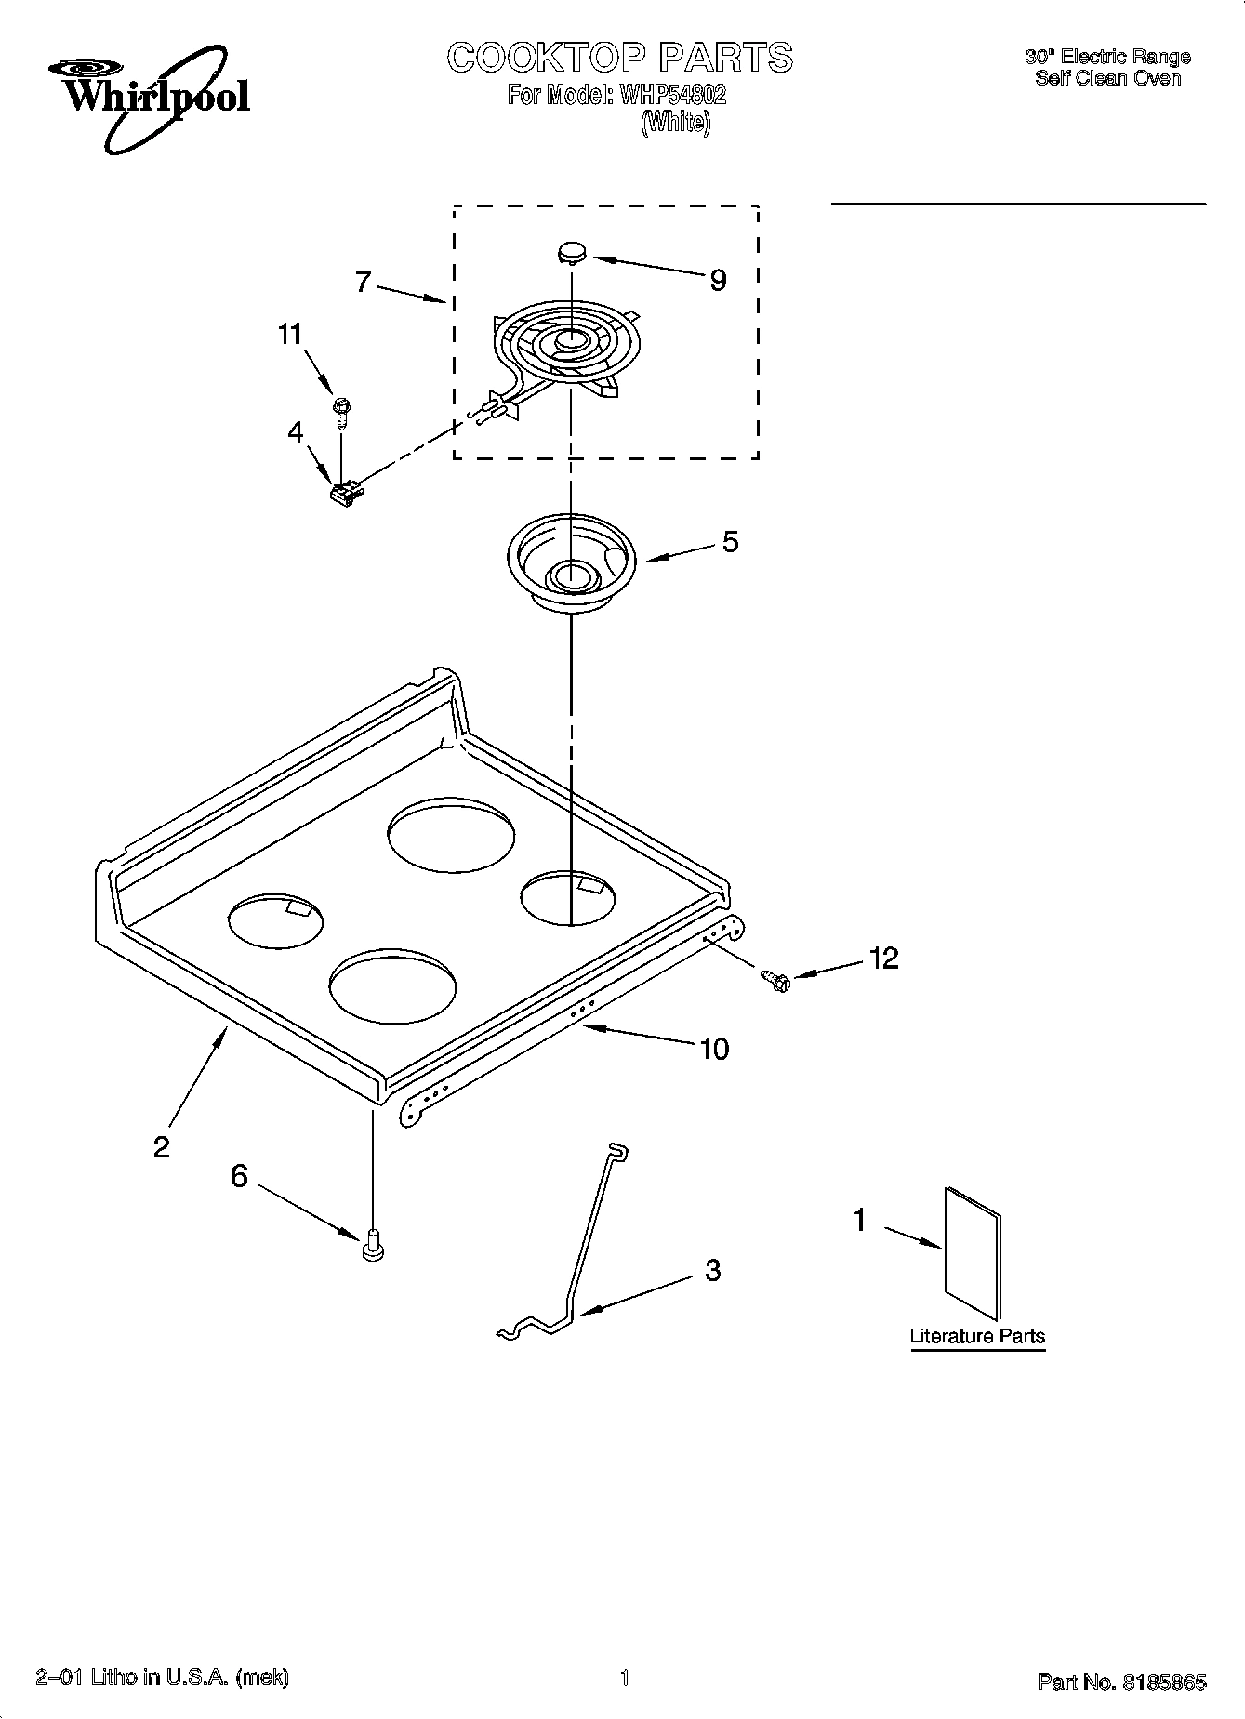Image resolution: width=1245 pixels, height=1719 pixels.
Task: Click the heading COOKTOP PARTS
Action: pos(619,58)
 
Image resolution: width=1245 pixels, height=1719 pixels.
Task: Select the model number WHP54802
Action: pos(666,94)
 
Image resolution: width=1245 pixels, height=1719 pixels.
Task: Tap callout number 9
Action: pos(718,280)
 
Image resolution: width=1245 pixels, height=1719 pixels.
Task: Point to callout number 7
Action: pos(364,282)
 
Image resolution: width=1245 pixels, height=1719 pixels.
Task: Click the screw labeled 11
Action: pos(340,409)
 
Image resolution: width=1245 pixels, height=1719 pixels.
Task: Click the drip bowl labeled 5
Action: pos(571,567)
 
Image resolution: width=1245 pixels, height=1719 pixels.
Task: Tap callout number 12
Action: pos(884,958)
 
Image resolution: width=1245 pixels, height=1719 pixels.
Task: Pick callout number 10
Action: pos(713,1049)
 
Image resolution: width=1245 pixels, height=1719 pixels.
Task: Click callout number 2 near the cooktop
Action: pos(162,1146)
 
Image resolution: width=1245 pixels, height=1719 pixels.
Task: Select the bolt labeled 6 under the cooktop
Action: pos(373,1244)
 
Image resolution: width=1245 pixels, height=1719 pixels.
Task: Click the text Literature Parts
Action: pos(977,1336)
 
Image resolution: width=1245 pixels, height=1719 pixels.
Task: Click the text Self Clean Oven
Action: pos(1107,78)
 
